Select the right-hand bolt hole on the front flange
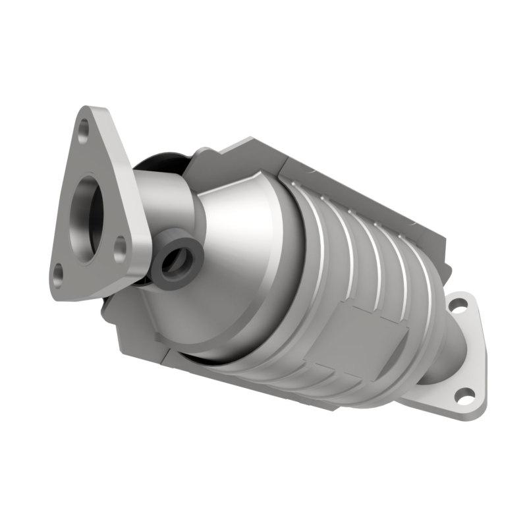120,248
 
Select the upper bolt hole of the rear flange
458,305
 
